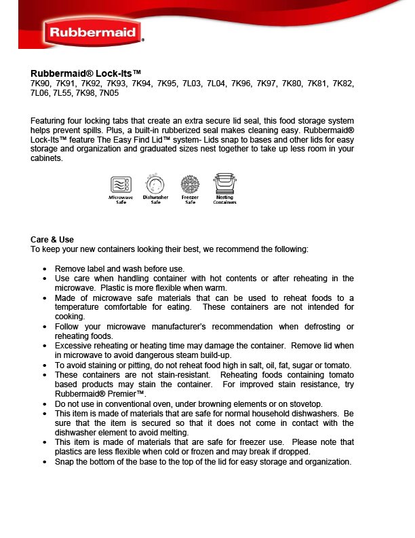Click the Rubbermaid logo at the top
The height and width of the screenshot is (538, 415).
pyautogui.click(x=93, y=32)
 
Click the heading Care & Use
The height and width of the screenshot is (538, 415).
pyautogui.click(x=52, y=240)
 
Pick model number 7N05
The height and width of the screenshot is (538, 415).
pyautogui.click(x=108, y=92)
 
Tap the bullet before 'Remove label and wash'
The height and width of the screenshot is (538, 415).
pyautogui.click(x=44, y=269)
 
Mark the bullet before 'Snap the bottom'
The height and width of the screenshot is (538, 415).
pyautogui.click(x=44, y=462)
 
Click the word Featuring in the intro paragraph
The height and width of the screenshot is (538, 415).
pyautogui.click(x=49, y=121)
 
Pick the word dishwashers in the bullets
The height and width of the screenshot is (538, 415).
pyautogui.click(x=319, y=413)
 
